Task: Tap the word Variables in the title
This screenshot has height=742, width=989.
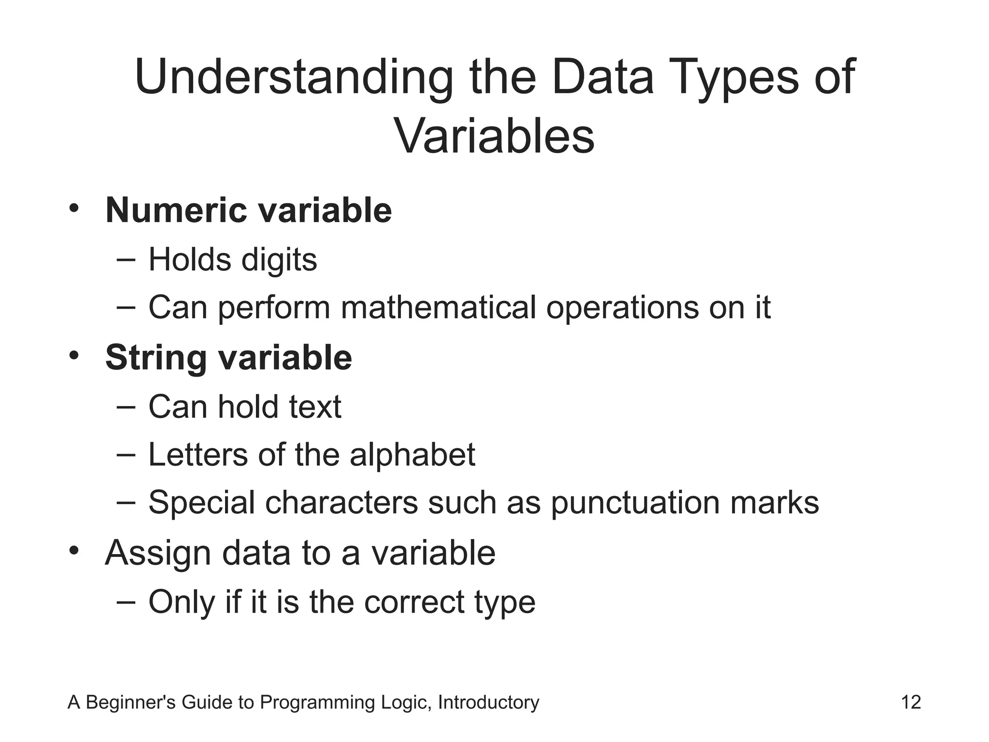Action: (x=494, y=136)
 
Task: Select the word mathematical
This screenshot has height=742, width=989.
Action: (x=438, y=307)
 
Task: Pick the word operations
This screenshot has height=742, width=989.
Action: (x=622, y=307)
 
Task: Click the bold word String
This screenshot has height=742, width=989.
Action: (x=156, y=358)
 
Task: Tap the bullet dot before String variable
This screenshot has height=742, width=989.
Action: (x=73, y=356)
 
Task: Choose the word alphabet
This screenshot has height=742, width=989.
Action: (x=412, y=455)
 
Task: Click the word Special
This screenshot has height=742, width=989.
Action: (x=201, y=503)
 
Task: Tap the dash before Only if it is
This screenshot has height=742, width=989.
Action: (x=126, y=601)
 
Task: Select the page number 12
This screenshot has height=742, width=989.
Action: (x=911, y=702)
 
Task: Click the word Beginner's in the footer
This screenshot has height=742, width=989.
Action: (x=130, y=702)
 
